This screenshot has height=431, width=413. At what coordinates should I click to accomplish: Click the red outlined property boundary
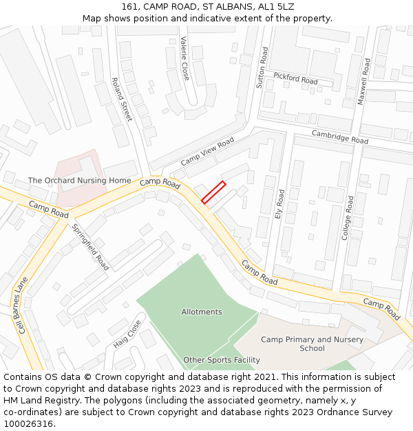[213, 192]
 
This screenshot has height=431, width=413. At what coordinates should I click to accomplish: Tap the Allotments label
[202, 312]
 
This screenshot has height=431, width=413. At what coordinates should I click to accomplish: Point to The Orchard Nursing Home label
[79, 181]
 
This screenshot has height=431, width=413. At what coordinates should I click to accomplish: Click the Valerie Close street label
[184, 59]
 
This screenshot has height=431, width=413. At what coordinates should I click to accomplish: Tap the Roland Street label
[121, 99]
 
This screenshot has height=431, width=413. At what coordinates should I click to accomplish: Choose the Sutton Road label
[261, 68]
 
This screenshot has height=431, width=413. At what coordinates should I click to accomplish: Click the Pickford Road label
[295, 78]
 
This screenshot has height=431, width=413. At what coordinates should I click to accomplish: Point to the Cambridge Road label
[340, 137]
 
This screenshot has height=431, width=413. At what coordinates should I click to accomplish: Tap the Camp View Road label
[207, 151]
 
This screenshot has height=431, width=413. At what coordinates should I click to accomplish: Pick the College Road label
[348, 218]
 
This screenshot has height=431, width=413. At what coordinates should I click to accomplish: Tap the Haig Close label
[127, 334]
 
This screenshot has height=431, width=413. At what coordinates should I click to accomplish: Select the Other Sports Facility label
[222, 360]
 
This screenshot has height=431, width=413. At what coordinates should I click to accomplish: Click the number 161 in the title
[129, 6]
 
